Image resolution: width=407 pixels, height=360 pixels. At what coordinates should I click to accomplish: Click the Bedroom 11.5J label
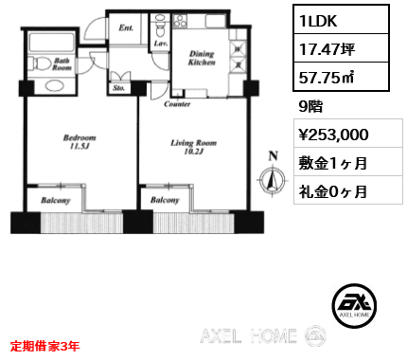[x=80, y=142]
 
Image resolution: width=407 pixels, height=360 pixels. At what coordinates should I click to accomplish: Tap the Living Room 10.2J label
[x=194, y=147]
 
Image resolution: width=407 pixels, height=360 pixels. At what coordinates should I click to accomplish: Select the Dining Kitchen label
[x=202, y=58]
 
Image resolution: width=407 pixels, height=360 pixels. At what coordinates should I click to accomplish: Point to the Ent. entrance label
[x=126, y=27]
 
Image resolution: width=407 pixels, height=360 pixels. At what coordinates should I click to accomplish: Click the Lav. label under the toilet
[x=161, y=44]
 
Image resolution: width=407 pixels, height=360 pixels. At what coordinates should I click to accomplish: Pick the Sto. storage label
[x=119, y=88]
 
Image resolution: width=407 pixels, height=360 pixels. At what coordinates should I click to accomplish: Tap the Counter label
[x=177, y=104]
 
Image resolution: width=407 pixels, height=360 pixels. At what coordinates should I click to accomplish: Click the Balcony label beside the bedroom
[x=56, y=201]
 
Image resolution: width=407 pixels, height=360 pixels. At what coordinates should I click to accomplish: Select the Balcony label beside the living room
[x=165, y=200]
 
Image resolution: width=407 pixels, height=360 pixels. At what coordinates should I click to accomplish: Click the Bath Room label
[x=62, y=63]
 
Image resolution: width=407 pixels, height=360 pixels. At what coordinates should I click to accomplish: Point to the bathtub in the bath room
[x=51, y=42]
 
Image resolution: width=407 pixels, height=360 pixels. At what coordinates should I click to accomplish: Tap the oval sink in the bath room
[x=55, y=85]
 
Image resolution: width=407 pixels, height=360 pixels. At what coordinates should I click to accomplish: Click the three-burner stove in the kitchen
[x=181, y=21]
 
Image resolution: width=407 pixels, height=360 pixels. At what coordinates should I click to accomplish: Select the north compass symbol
[x=273, y=177]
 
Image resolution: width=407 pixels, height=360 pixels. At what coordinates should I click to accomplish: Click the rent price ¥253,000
[x=333, y=135]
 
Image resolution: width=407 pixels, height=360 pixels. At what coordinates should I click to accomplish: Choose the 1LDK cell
[x=341, y=20]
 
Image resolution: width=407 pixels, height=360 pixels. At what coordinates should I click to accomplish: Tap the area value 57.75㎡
[x=327, y=77]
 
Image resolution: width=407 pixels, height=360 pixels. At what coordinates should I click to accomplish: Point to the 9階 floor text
[x=310, y=106]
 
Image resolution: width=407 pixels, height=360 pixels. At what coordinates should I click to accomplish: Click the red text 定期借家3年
[x=44, y=346]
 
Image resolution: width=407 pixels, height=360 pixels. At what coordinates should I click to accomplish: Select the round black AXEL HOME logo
[x=354, y=305]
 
